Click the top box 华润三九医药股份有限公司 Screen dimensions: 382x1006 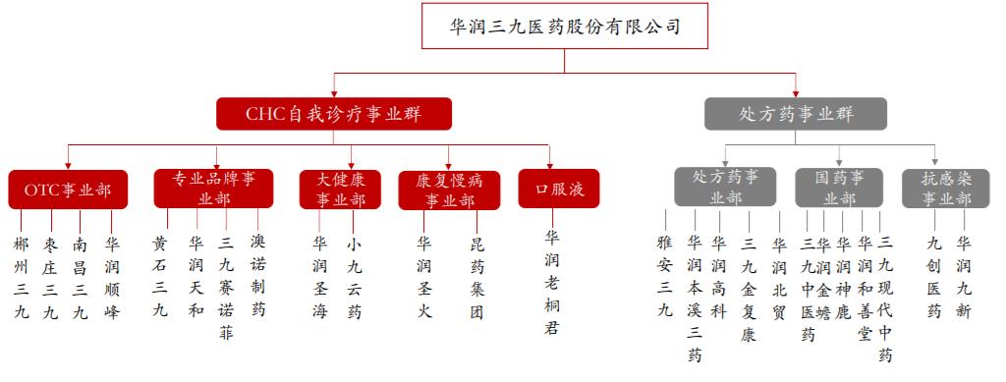[564, 27]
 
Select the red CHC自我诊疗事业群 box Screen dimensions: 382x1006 [334, 114]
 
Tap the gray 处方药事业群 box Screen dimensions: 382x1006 [797, 114]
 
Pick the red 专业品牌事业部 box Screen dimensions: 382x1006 [214, 188]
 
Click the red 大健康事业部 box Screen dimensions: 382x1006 [340, 190]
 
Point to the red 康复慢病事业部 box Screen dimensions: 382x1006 [449, 190]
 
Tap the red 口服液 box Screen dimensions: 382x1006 [559, 190]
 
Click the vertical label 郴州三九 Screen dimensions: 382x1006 [22, 277]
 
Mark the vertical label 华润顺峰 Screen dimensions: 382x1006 [112, 277]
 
